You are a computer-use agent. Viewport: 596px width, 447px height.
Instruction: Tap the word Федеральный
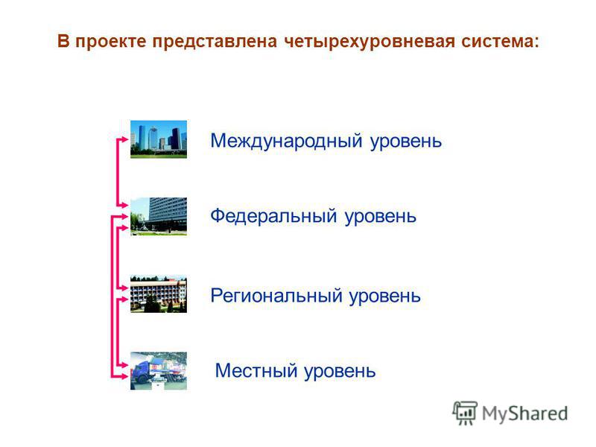(x=273, y=216)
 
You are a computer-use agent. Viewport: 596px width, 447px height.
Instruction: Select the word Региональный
(x=276, y=296)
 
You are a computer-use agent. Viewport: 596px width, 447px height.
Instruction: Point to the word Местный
(x=256, y=370)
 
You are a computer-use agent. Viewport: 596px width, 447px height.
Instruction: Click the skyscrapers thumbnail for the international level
(x=159, y=139)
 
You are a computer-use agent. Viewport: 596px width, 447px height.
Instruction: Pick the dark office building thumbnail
(x=159, y=216)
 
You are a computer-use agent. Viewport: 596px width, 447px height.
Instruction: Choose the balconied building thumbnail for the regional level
(x=159, y=294)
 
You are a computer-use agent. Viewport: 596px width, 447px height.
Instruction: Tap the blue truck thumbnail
(x=159, y=370)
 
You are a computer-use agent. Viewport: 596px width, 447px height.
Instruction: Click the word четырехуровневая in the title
(x=369, y=42)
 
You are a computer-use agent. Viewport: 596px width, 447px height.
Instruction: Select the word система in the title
(x=500, y=42)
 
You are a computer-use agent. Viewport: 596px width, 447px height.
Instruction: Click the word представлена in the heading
(x=215, y=42)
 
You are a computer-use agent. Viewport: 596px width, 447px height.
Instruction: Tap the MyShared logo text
(x=524, y=413)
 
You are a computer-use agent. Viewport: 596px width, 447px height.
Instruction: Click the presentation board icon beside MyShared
(x=465, y=413)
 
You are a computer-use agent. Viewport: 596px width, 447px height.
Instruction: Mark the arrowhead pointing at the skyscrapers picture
(x=125, y=139)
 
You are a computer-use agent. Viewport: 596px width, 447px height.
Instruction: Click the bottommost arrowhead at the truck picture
(x=125, y=377)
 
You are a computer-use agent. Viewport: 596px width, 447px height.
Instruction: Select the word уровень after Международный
(x=406, y=142)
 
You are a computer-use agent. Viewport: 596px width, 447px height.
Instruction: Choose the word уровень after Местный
(x=340, y=371)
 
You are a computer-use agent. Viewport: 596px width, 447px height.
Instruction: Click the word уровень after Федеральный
(x=381, y=217)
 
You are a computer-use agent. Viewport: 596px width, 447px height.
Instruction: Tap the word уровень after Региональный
(x=384, y=297)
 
